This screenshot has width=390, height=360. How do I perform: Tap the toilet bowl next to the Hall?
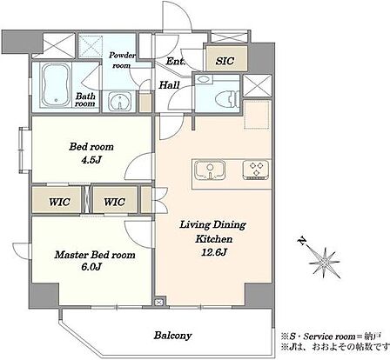coord(227,99)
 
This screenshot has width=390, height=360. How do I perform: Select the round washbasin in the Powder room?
coord(119,101)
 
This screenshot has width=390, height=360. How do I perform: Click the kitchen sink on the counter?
coord(211,170)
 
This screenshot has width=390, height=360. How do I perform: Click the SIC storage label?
coord(225,61)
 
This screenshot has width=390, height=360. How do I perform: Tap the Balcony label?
coord(172,336)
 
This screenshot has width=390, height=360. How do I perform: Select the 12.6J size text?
coord(214,252)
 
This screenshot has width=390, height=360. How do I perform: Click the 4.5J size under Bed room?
coord(91,160)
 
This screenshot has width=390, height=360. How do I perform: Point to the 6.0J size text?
coord(91,267)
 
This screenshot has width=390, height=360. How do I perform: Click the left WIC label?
coord(59,202)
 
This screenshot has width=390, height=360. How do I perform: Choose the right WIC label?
coord(115,202)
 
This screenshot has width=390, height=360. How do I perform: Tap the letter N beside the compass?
coord(303,241)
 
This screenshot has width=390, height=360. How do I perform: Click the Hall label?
coord(169,85)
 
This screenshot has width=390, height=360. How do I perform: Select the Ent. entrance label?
coord(176,62)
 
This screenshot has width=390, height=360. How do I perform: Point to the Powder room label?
coord(122,60)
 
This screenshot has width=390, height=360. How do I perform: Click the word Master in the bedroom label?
coord(71,255)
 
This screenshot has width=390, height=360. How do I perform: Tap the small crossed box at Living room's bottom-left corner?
coord(158,303)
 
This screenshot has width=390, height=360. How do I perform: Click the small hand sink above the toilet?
coord(205,79)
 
